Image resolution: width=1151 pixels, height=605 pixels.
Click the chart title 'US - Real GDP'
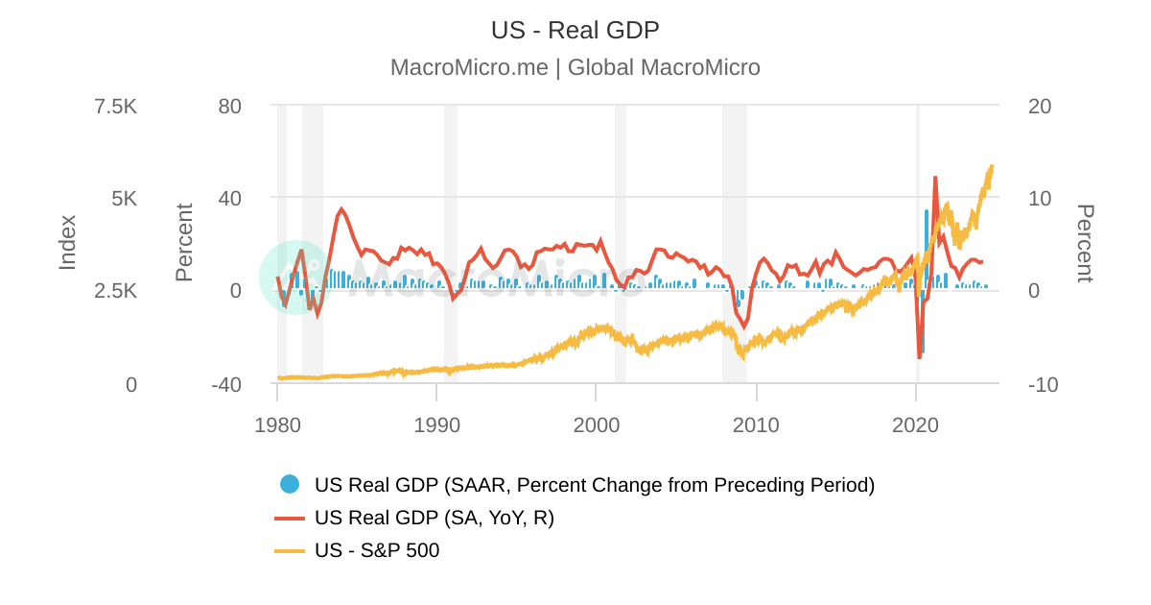[575, 30]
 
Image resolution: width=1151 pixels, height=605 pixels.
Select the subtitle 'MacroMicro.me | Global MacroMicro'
[575, 67]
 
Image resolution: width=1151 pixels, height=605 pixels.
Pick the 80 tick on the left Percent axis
[229, 106]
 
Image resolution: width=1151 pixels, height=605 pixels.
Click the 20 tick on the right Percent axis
[1040, 106]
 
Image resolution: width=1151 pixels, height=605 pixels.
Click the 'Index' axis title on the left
[67, 242]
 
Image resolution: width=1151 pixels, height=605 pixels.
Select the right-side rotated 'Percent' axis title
[1084, 243]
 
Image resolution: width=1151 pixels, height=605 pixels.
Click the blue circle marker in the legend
[290, 485]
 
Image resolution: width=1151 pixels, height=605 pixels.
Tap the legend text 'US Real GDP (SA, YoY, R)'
[434, 518]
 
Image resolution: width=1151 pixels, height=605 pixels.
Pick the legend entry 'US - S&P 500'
[377, 550]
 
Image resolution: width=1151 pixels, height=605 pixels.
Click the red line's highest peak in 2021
[935, 178]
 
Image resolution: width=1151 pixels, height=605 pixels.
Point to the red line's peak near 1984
[341, 208]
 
